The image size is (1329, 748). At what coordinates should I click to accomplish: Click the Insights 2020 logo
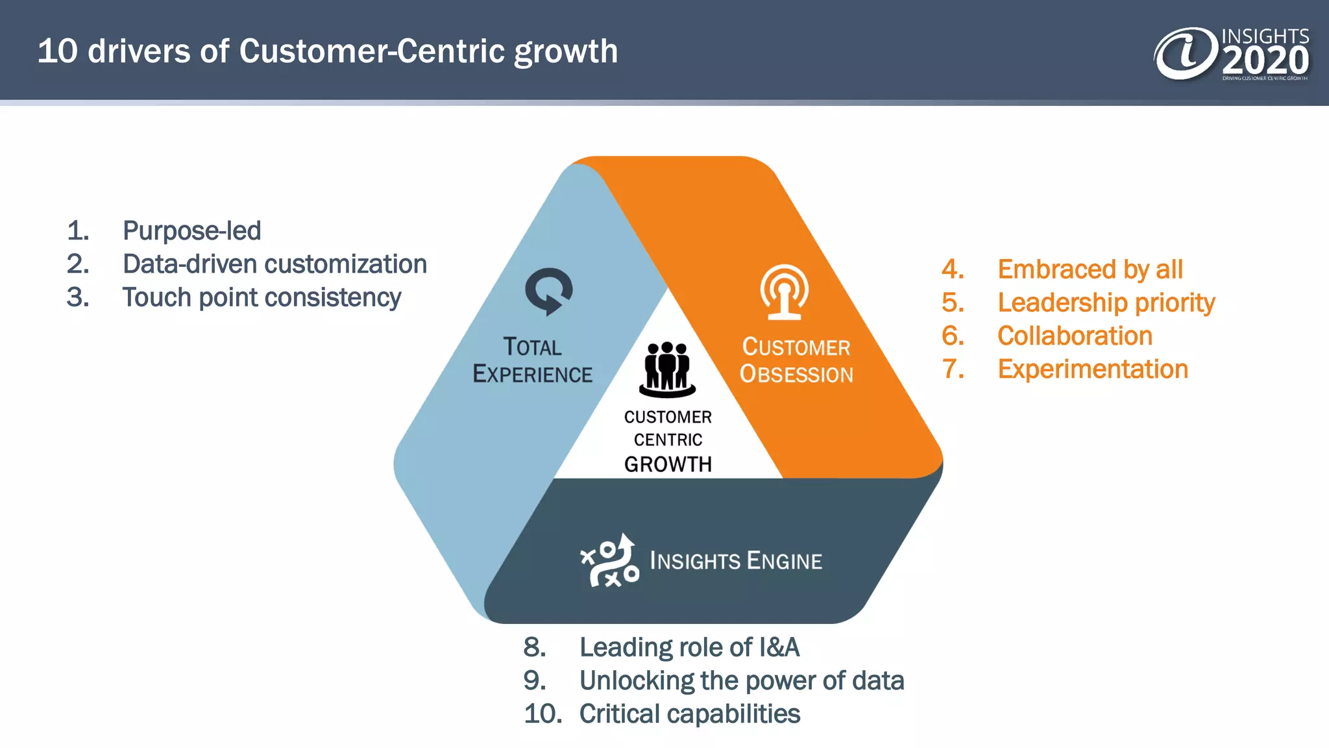(1231, 54)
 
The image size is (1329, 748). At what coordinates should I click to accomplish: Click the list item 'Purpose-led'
(191, 231)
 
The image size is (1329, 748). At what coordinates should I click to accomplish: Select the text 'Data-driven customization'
(274, 264)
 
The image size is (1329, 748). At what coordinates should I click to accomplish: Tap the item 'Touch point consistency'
(262, 297)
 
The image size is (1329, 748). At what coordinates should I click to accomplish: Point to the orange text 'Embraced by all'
(1090, 269)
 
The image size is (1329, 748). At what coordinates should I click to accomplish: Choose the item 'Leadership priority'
(1106, 303)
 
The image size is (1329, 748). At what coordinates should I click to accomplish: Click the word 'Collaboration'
(1075, 336)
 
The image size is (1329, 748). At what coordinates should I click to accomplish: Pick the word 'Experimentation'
(1092, 369)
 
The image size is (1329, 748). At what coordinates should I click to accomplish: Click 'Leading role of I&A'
(689, 647)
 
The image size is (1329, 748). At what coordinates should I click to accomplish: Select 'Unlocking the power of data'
(741, 680)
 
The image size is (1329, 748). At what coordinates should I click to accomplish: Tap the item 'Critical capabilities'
(689, 714)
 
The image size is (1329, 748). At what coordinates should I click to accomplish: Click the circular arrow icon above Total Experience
(548, 292)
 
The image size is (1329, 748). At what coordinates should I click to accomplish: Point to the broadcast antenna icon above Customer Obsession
(784, 292)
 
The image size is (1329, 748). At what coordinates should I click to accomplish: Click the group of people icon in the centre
(667, 369)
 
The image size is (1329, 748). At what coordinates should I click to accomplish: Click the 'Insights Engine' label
(735, 560)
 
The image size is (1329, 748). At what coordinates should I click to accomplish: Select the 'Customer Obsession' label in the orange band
(796, 361)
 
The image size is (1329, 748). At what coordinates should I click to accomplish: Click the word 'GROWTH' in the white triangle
(668, 464)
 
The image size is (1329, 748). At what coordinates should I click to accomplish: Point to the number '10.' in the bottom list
(543, 714)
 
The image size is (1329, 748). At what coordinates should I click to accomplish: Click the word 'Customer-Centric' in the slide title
(372, 51)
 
